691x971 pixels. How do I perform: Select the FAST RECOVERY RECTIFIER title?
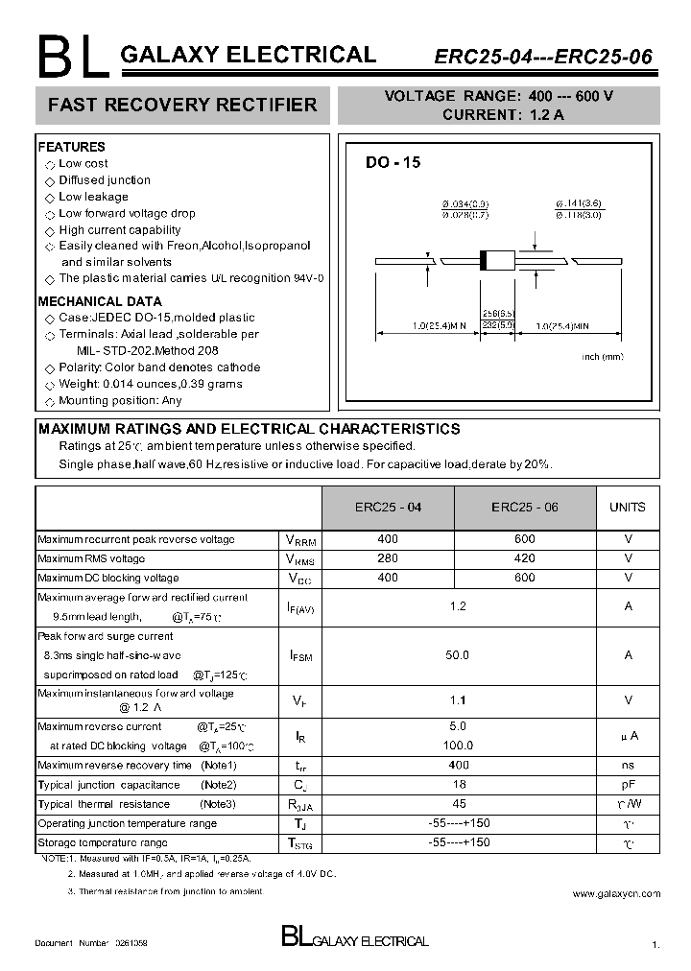(x=182, y=105)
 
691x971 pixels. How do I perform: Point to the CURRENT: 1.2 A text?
(x=503, y=114)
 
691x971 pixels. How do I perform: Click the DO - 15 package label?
(x=393, y=163)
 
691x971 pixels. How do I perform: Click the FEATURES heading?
(x=71, y=147)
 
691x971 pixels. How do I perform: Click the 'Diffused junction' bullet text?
(x=105, y=180)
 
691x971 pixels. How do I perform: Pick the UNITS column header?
(x=628, y=508)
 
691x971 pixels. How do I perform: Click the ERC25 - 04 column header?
(x=388, y=508)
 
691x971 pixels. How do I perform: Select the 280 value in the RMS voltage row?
(x=388, y=558)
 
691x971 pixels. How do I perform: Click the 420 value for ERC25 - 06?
(x=524, y=558)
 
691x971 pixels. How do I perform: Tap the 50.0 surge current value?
(x=458, y=655)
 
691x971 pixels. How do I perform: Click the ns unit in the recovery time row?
(x=628, y=766)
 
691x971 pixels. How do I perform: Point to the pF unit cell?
(x=628, y=785)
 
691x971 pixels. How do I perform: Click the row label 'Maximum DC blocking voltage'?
(x=108, y=578)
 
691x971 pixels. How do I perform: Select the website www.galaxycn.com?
(x=616, y=893)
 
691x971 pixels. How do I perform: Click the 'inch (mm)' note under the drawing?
(x=603, y=357)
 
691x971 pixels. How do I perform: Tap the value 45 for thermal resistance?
(x=458, y=804)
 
